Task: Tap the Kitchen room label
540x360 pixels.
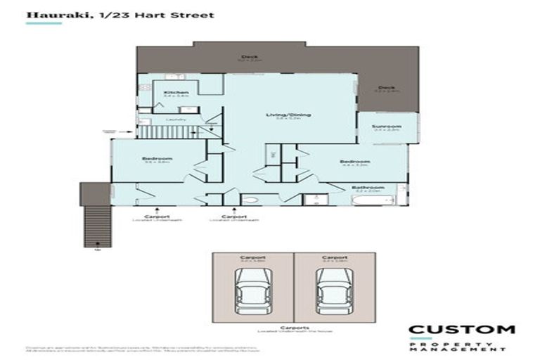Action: click(x=176, y=92)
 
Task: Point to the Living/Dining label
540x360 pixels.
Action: click(x=288, y=115)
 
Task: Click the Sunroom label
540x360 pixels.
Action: click(x=386, y=126)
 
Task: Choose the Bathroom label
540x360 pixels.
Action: click(x=368, y=187)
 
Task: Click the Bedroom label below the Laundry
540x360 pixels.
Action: click(x=157, y=159)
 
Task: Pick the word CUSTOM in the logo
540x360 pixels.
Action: click(x=462, y=329)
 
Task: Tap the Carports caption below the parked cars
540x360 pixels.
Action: click(x=294, y=327)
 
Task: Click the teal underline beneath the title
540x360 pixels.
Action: click(x=44, y=23)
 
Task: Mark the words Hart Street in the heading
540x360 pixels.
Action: click(x=186, y=13)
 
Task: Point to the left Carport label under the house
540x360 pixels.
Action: click(x=151, y=216)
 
